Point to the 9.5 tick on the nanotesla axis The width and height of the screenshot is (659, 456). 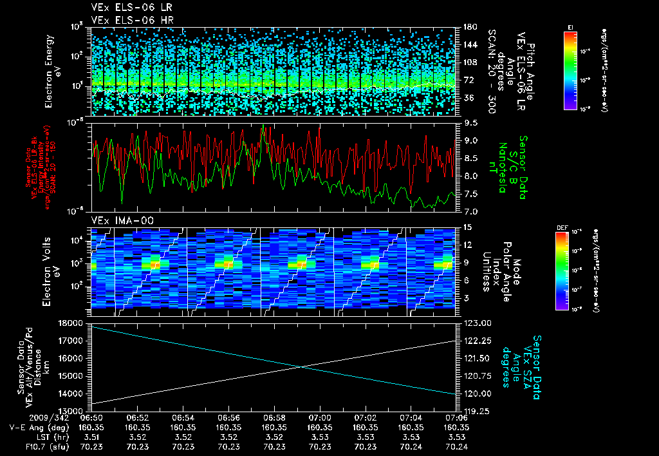click(469, 122)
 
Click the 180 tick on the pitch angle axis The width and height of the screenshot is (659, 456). click(469, 27)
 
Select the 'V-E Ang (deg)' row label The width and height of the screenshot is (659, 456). click(34, 427)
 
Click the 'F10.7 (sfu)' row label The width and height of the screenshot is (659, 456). click(37, 446)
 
